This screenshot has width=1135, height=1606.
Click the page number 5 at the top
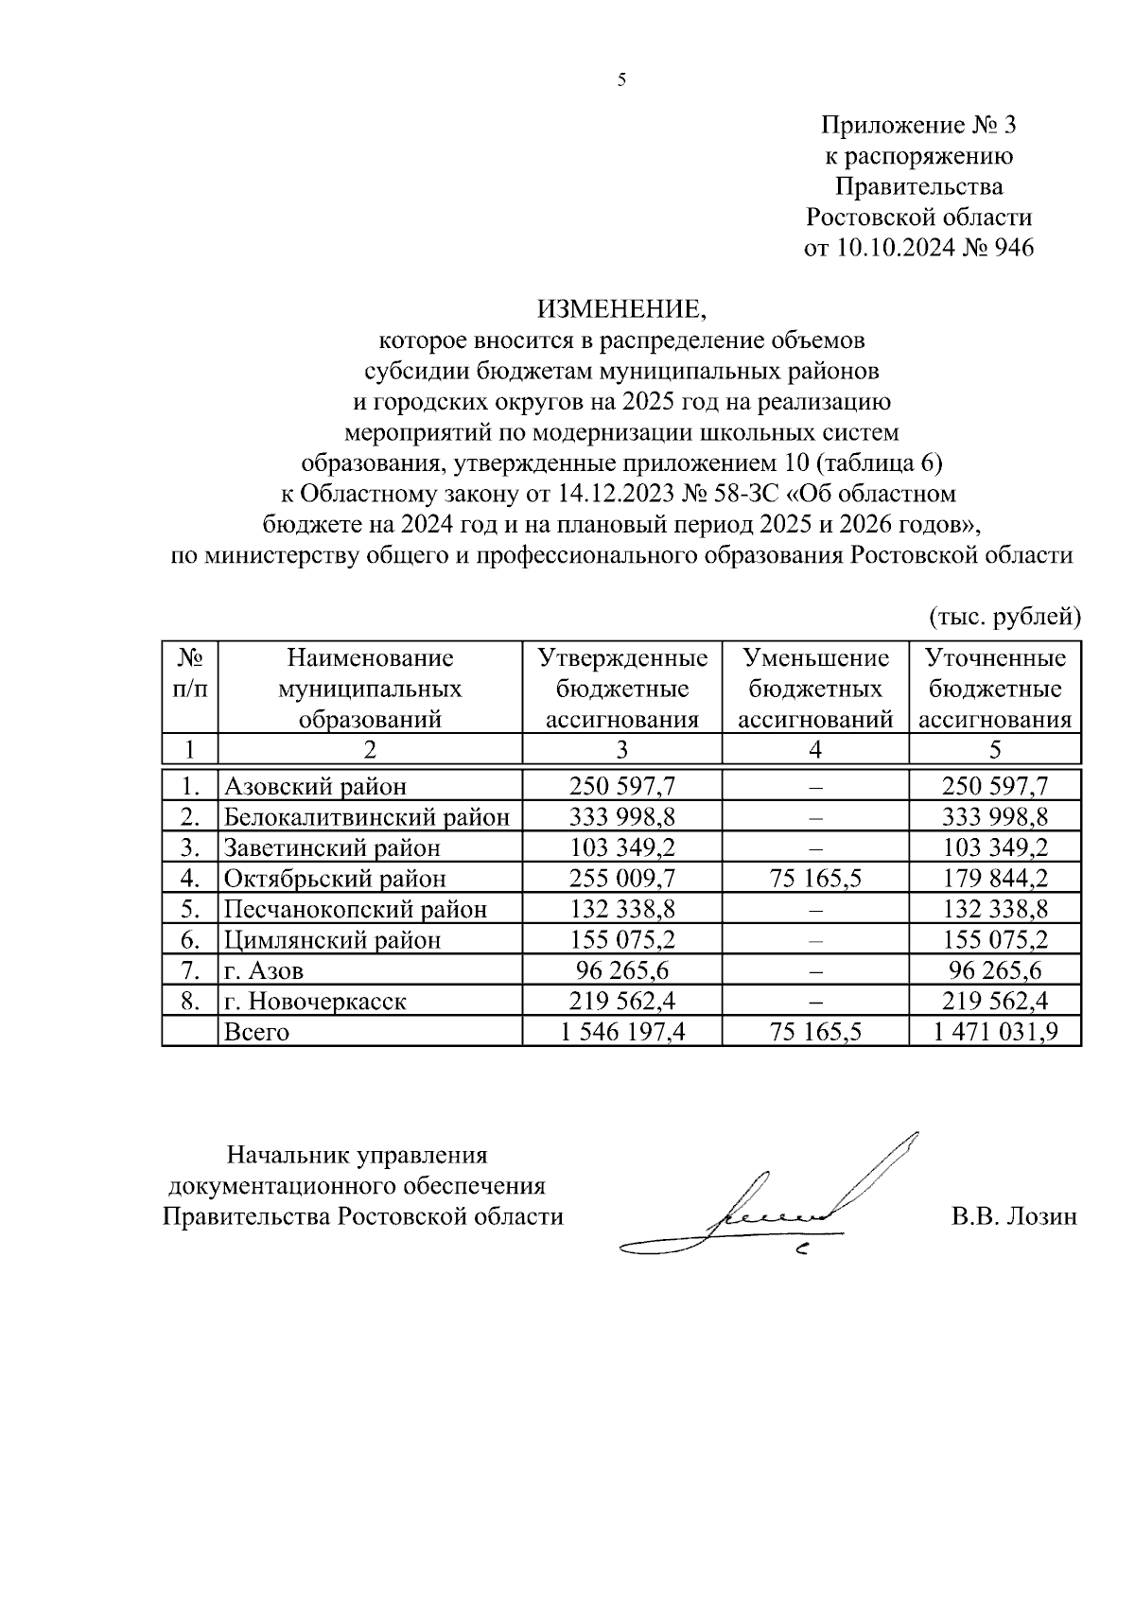tap(621, 80)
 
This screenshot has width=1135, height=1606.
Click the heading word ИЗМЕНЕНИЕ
tap(621, 308)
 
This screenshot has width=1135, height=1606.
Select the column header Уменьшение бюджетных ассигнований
tap(815, 689)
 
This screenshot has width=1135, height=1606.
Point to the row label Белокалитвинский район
tap(367, 816)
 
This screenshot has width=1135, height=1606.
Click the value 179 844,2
tap(995, 878)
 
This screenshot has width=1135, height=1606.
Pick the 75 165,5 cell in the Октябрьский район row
tap(815, 878)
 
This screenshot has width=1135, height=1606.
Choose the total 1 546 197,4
tap(622, 1032)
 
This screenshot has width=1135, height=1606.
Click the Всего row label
tap(255, 1032)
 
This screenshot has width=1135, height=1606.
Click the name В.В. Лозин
tap(1014, 1216)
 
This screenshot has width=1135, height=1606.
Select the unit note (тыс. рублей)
tap(1004, 617)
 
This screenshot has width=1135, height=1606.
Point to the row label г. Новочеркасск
tap(315, 1001)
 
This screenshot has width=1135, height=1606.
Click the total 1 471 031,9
tap(995, 1032)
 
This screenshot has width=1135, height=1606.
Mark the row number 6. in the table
tap(190, 940)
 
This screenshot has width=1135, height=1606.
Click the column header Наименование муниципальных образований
tap(370, 689)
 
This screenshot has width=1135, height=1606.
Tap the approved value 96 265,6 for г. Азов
tap(622, 970)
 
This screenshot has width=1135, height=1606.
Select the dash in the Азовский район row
tap(815, 786)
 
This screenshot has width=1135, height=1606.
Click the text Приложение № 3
tap(918, 126)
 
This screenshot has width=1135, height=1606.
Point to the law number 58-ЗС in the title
tap(745, 494)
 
